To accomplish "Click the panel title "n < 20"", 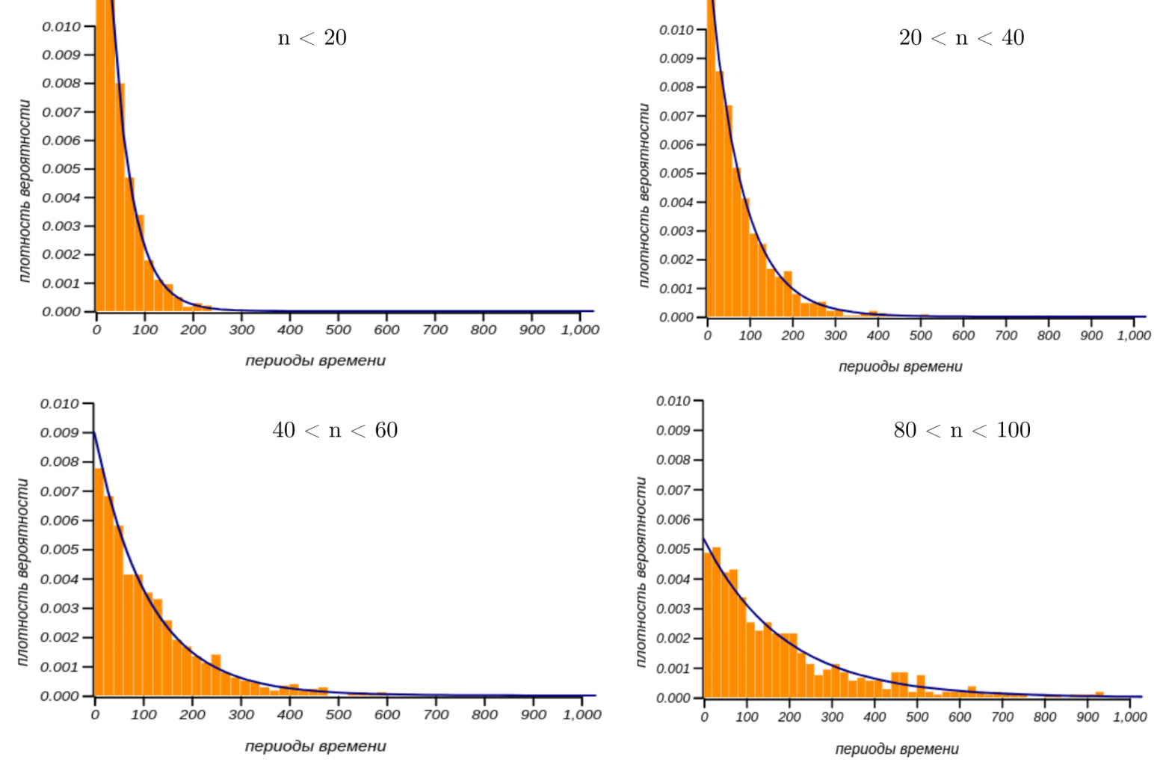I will (312, 37).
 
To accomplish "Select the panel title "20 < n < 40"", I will (961, 37).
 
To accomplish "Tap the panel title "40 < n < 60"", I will (335, 430).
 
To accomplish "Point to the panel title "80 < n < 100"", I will (962, 430).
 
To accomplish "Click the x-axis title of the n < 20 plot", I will (315, 360).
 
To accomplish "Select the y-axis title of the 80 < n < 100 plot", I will (641, 572).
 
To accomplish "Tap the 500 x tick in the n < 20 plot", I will (339, 330).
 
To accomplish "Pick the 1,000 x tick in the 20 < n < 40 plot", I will (1133, 336).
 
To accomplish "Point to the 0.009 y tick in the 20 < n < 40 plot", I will (676, 58).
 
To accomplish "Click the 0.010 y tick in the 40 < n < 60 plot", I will (59, 404).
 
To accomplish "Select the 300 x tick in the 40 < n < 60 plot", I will (241, 715).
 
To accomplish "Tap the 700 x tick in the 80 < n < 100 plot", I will (1002, 717).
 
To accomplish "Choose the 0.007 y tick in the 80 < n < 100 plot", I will (673, 490).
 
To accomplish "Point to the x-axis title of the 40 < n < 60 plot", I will (315, 746).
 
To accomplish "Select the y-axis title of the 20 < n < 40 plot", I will (644, 196).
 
